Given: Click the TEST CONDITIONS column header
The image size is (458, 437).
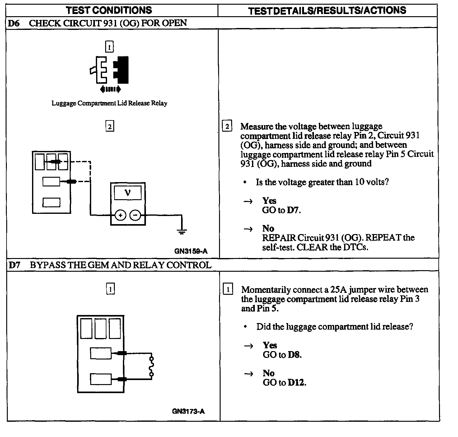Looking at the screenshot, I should coord(109,10).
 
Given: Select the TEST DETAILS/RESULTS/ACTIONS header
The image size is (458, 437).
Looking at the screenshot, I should coord(327,11).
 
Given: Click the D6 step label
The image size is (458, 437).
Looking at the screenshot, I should coord(14,23).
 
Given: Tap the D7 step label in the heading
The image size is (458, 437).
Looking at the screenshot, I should coord(14,265).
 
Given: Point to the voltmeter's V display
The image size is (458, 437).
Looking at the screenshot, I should coord(128,193).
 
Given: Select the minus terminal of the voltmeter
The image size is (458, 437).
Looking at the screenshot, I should coord(135,215).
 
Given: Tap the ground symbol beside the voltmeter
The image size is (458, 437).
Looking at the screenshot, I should coord(182,231).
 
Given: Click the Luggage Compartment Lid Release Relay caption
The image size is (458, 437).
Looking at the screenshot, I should coord(109,103).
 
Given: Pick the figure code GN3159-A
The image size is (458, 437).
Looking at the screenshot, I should coord(191,251).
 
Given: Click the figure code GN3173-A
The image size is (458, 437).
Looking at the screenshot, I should coord(188,411).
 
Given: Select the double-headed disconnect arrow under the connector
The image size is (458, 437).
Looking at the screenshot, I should coord(110,90).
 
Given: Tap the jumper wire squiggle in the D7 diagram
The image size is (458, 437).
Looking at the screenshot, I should coord(152,366).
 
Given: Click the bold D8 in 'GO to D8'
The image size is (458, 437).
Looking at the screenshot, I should coord(294,355).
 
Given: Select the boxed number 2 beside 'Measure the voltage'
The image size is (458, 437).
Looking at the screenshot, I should coord(227,126).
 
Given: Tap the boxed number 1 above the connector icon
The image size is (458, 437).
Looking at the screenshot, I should coord(109,47).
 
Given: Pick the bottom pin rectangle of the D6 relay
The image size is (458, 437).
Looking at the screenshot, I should coord(51,202).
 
